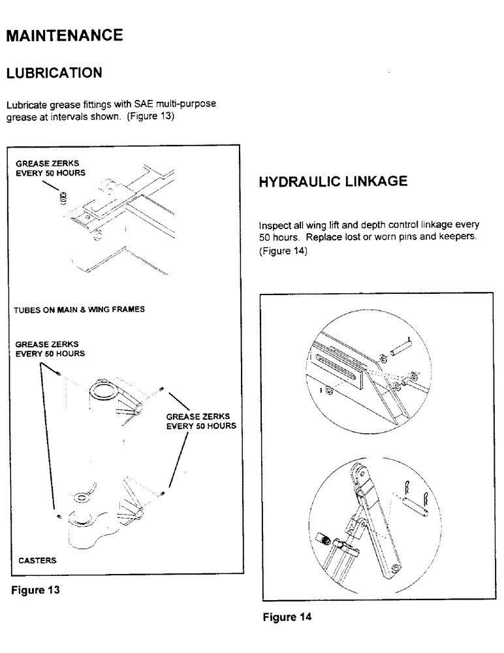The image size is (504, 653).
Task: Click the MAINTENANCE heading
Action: tap(63, 35)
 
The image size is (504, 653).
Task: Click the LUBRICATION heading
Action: tap(54, 72)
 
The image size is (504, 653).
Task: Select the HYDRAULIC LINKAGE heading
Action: tap(333, 182)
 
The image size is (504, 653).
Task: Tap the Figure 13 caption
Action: tap(35, 590)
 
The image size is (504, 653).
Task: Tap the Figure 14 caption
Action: tap(287, 617)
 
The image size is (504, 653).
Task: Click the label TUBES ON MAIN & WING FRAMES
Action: tap(79, 310)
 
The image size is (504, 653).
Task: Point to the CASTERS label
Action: tap(37, 560)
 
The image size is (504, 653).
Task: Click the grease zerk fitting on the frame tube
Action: tap(63, 197)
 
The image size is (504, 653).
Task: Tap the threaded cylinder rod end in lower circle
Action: tap(324, 539)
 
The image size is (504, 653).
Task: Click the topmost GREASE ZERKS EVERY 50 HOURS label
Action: tap(50, 168)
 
